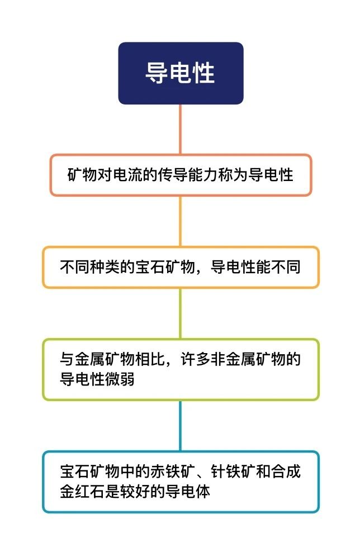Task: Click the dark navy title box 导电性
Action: pyautogui.click(x=181, y=73)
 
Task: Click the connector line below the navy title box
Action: pyautogui.click(x=181, y=129)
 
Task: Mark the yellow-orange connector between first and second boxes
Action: pyautogui.click(x=181, y=221)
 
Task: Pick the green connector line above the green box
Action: pyautogui.click(x=181, y=313)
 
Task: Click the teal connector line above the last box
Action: pyautogui.click(x=181, y=426)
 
